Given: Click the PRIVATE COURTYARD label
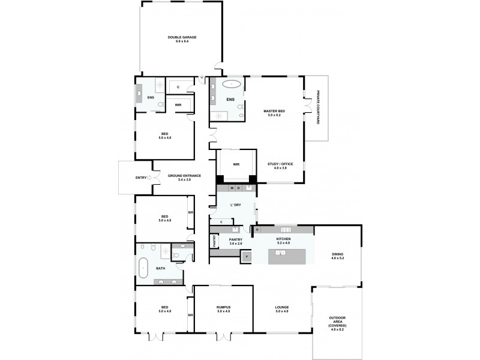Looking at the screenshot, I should coord(319,107).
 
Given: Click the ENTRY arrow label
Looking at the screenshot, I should coord(142,178).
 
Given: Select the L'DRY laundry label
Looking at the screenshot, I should coord(236,205).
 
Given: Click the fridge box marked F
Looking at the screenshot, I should coord(246,257).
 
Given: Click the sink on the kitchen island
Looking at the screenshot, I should coord(279,254).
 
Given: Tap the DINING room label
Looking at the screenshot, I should coord(337,256).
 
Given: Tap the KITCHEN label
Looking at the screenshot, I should coord(283,241).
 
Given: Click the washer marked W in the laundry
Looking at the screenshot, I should coord(231,188).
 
